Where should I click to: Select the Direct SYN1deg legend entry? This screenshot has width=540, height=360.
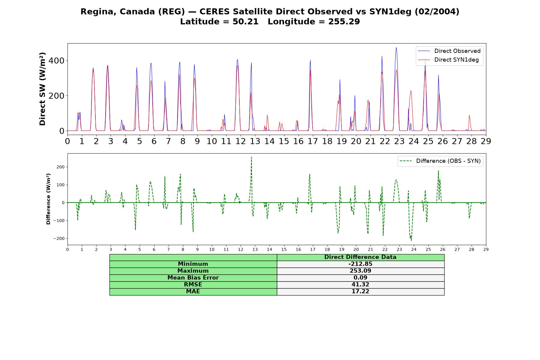point(448,60)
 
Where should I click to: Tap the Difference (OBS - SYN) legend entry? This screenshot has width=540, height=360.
point(440,161)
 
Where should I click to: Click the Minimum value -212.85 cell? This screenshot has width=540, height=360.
point(360,264)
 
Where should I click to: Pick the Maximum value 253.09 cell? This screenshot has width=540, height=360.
point(360,271)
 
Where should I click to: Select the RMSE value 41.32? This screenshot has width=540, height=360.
point(360,284)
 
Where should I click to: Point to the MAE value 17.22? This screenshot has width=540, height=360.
point(360,291)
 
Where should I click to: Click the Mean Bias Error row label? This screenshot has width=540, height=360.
point(193,278)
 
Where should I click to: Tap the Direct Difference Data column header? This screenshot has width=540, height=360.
point(360,257)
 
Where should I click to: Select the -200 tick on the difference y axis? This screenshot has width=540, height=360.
point(59,238)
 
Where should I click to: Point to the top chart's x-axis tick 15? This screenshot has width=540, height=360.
point(284,141)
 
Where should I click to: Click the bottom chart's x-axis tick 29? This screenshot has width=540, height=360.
point(486,249)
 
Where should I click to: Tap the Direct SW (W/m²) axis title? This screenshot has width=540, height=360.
point(42,89)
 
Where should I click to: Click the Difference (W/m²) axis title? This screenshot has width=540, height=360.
point(48,199)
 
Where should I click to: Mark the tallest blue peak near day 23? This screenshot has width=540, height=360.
point(396,47)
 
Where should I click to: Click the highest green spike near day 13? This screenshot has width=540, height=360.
point(251,157)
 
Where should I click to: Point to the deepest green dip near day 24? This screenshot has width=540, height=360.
point(411,241)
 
